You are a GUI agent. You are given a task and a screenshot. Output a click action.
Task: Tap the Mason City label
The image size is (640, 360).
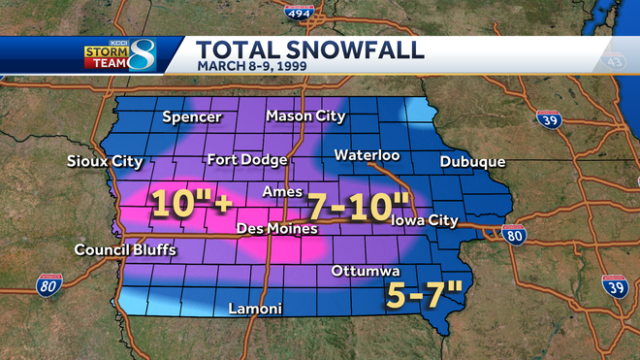[x=305, y=116]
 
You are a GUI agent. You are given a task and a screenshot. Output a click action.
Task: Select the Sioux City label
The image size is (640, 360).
[x=104, y=161]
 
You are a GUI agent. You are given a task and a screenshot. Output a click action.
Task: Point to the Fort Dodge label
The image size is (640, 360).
[x=246, y=160]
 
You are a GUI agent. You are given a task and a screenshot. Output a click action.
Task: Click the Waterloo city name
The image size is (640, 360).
[x=367, y=155]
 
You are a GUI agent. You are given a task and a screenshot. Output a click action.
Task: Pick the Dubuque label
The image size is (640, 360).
[x=472, y=161]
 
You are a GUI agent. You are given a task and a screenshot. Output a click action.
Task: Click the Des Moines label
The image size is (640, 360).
[x=277, y=229]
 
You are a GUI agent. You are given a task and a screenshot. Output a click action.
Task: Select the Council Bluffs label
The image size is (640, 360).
[x=126, y=250]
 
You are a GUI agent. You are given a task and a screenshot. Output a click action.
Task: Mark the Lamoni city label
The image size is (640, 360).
[x=254, y=310]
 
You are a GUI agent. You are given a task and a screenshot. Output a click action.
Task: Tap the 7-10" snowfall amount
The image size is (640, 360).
[x=357, y=207]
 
